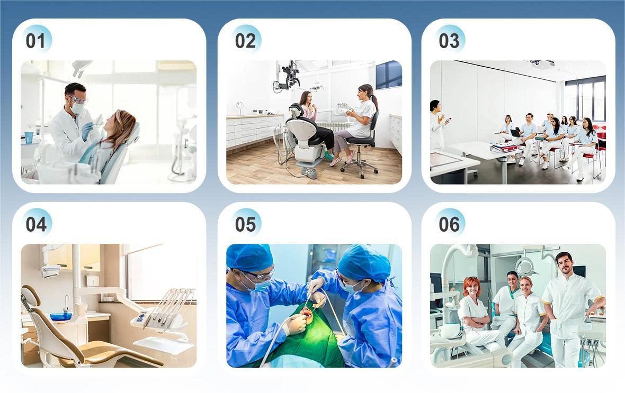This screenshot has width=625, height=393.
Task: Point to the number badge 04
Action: click(36, 224)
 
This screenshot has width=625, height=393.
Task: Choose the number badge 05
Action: click(246, 224)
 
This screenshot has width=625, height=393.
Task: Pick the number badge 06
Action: click(449, 224)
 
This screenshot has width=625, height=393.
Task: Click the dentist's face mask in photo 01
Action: click(78, 107)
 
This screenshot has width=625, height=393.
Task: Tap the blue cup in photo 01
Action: click(29, 138)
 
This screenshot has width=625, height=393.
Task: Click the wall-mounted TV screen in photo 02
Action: click(389, 75)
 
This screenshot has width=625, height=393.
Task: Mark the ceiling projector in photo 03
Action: click(541, 63)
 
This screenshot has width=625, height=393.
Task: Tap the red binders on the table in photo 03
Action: click(504, 148)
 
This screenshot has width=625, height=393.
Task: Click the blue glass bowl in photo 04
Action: click(61, 316)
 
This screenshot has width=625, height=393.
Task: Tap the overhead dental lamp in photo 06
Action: click(525, 266)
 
